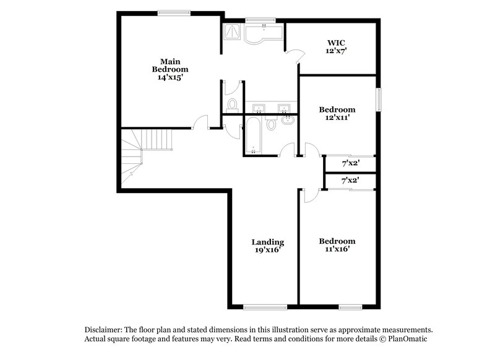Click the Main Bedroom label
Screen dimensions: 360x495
pyautogui.click(x=170, y=66)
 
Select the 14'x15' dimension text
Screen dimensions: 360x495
pyautogui.click(x=170, y=79)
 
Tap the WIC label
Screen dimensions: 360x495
pyautogui.click(x=337, y=43)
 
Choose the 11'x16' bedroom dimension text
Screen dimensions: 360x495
pyautogui.click(x=337, y=249)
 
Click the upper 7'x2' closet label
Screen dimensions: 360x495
pyautogui.click(x=351, y=164)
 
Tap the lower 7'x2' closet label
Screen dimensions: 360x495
pyautogui.click(x=351, y=181)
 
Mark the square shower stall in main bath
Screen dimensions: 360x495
pyautogui.click(x=232, y=32)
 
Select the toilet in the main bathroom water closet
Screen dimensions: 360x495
pyautogui.click(x=233, y=104)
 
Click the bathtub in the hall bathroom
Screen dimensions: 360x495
pyautogui.click(x=254, y=136)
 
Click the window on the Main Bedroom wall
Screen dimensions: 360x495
pyautogui.click(x=174, y=12)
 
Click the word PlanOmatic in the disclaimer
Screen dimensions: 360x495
pyautogui.click(x=405, y=340)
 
